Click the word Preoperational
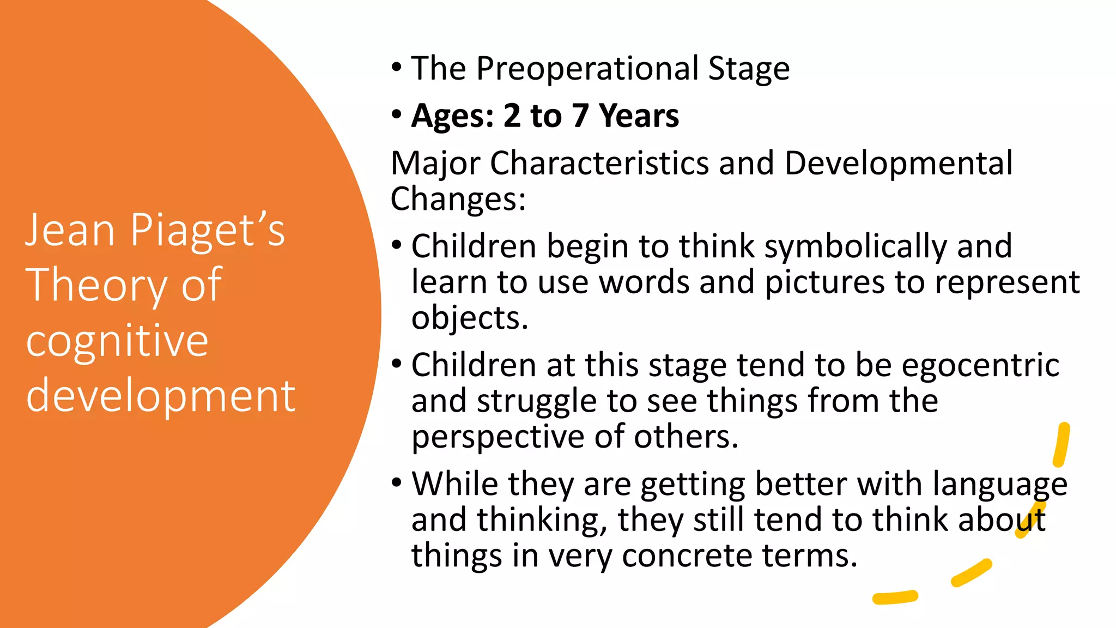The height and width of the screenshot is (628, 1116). tap(587, 69)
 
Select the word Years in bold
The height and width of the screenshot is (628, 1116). tap(639, 116)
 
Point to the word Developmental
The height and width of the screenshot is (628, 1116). tap(898, 163)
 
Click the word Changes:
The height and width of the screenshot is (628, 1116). tap(458, 199)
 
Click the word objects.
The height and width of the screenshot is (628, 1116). tap(469, 318)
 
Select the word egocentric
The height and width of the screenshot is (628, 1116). tap(980, 365)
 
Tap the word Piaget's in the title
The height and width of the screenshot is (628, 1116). tap(207, 231)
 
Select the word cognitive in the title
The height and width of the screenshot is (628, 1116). tap(117, 341)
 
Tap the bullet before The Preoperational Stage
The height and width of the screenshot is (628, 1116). tap(397, 68)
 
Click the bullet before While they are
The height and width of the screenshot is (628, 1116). tap(397, 483)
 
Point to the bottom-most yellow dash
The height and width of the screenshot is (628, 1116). tap(895, 597)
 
